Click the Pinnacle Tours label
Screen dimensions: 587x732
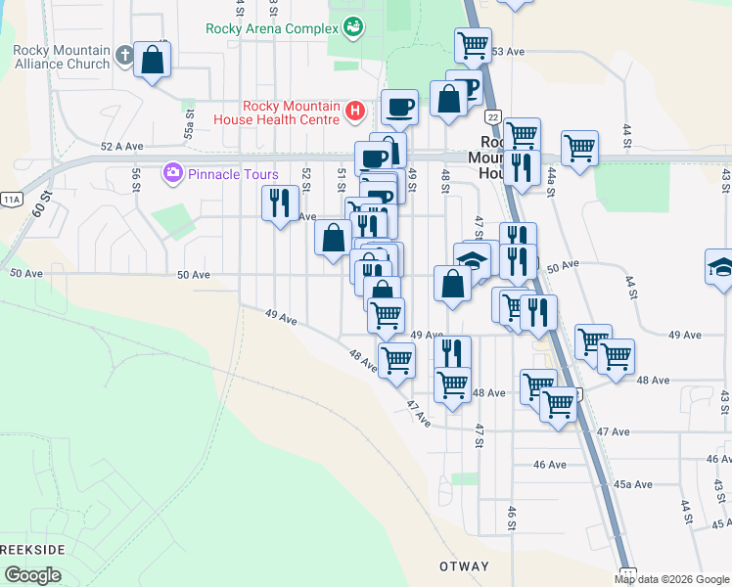coord(234,174)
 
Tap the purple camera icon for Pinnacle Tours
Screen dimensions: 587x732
coord(174,173)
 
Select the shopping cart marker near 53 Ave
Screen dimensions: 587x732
coord(473,44)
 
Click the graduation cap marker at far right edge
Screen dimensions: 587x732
coord(719,267)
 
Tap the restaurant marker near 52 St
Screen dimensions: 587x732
coord(281,203)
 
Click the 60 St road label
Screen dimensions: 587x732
coord(39,206)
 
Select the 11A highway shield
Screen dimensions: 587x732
coord(12,199)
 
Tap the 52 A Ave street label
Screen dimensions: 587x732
coord(122,146)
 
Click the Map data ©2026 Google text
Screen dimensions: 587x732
coord(671,579)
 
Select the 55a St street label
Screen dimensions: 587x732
coord(189,123)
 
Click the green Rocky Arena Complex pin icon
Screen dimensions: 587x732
coord(353,28)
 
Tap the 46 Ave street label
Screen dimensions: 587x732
coord(551,464)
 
